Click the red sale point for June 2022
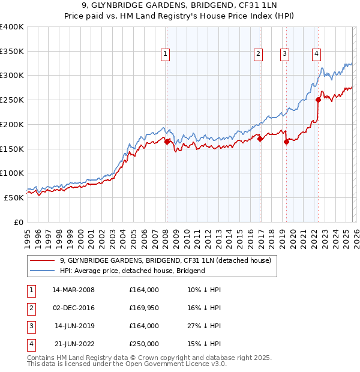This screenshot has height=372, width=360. [x=318, y=100]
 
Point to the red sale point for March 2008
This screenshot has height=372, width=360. [x=167, y=142]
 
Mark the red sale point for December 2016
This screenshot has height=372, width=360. [x=260, y=139]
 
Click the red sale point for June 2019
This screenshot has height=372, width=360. [x=287, y=142]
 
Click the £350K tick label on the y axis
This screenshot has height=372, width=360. [x=12, y=51]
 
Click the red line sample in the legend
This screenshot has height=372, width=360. [x=43, y=260]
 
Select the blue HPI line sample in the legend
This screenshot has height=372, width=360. [x=43, y=271]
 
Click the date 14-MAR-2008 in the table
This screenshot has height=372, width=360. [x=73, y=290]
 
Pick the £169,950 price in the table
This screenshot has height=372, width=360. [x=144, y=308]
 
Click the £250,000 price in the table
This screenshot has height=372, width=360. [x=144, y=344]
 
